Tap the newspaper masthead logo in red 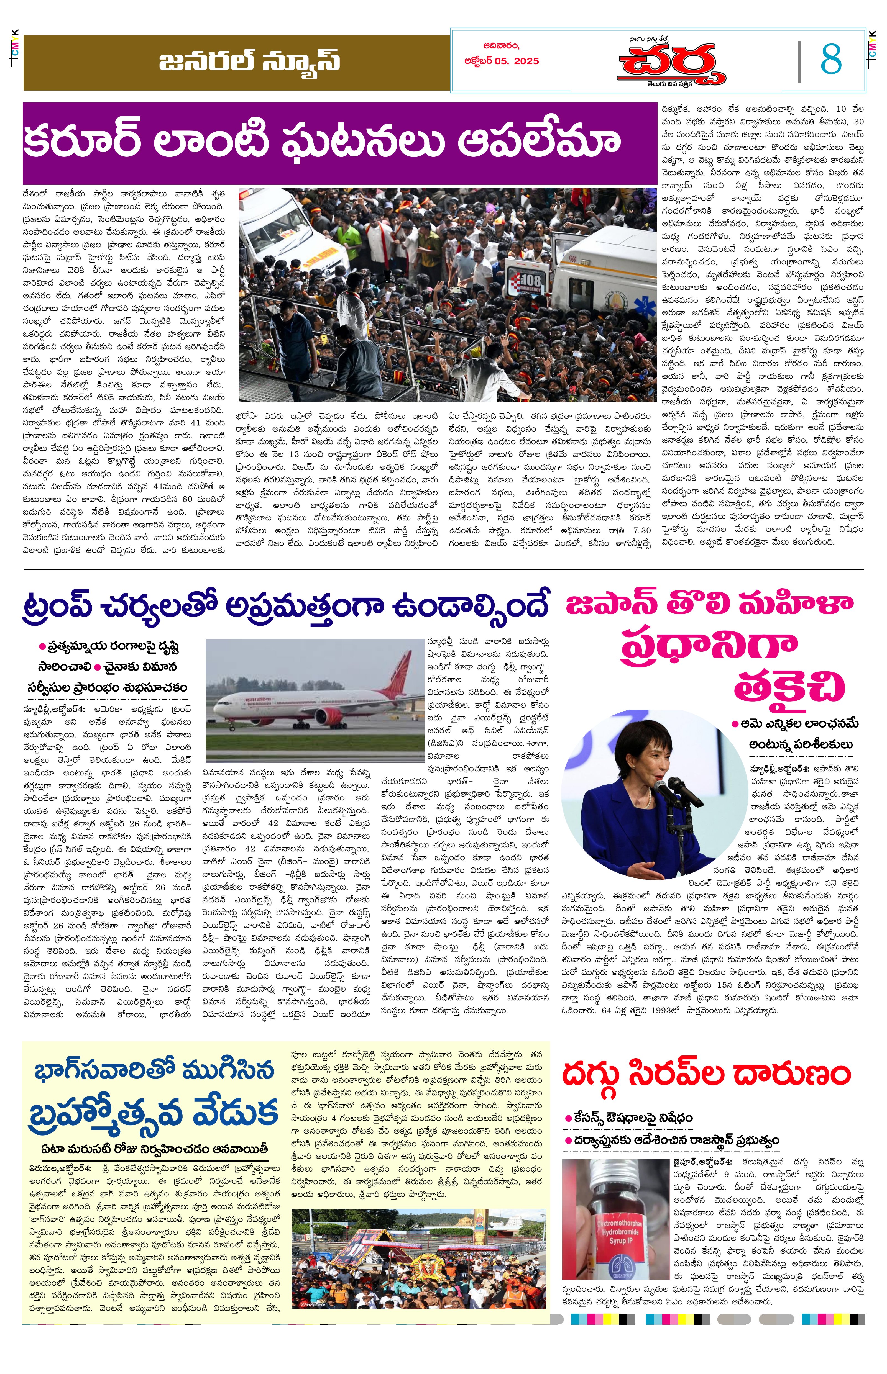673,63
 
